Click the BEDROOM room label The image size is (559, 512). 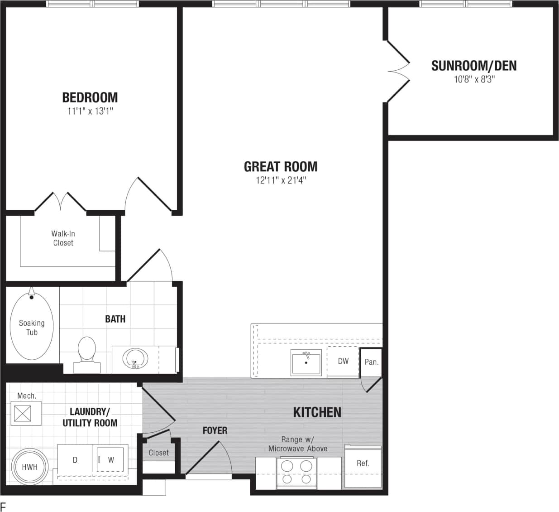click(x=90, y=97)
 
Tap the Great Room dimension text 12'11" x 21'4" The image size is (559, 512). click(x=281, y=180)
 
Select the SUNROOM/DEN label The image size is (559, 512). click(x=473, y=66)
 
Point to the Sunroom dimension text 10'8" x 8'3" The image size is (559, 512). click(x=473, y=80)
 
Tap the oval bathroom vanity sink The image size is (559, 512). click(x=135, y=360)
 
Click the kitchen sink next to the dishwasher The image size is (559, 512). click(x=306, y=362)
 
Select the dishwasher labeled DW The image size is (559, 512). click(x=343, y=361)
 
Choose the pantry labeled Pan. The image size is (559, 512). click(x=371, y=362)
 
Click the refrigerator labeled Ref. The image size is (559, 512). click(x=363, y=464)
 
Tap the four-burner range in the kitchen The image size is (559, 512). click(x=296, y=472)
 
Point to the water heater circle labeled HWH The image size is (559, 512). click(x=30, y=467)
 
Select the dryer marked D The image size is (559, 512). click(x=75, y=460)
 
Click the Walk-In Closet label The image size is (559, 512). click(x=63, y=238)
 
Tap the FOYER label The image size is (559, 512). click(x=215, y=430)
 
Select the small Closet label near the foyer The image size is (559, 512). click(x=158, y=453)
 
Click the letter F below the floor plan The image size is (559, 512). click(x=3, y=506)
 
